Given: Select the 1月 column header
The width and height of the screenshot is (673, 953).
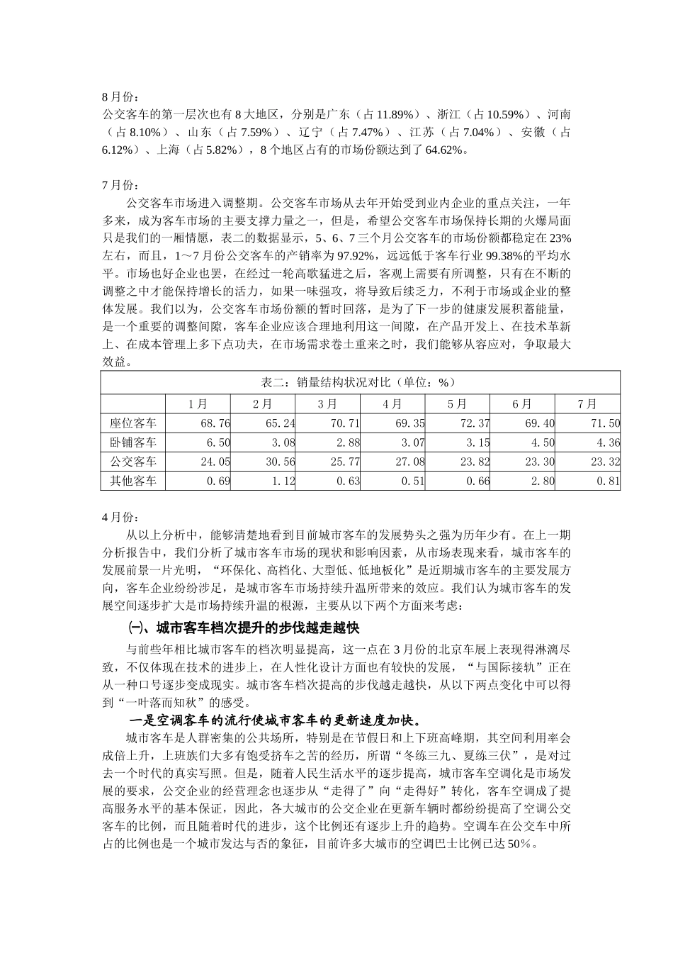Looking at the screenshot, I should [x=198, y=403].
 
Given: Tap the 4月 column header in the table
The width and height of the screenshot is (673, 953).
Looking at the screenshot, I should [x=392, y=403].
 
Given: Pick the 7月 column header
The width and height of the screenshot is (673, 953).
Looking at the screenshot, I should [x=587, y=403].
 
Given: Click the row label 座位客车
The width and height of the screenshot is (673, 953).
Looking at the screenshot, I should [x=133, y=423].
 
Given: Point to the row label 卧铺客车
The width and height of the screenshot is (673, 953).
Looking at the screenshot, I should [x=133, y=442].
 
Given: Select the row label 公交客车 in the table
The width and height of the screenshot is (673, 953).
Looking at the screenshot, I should [x=133, y=462].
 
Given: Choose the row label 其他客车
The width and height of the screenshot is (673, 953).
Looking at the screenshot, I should [x=133, y=481].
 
